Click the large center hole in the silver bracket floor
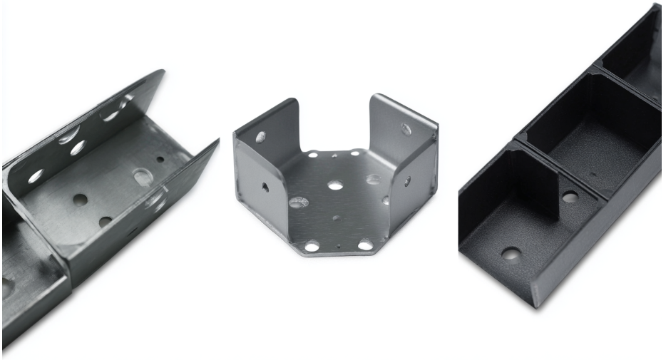[x=335, y=185]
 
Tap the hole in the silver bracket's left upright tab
[x=261, y=136]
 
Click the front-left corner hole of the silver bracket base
[x=312, y=247]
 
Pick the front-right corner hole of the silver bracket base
[x=365, y=245]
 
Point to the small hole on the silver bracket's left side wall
[x=265, y=187]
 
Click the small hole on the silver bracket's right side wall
[x=407, y=181]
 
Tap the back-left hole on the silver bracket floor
[x=312, y=154]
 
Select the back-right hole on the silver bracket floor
[x=354, y=153]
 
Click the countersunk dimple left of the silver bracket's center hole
[x=299, y=202]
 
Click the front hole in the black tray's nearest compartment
[x=510, y=253]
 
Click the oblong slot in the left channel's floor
[x=142, y=175]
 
